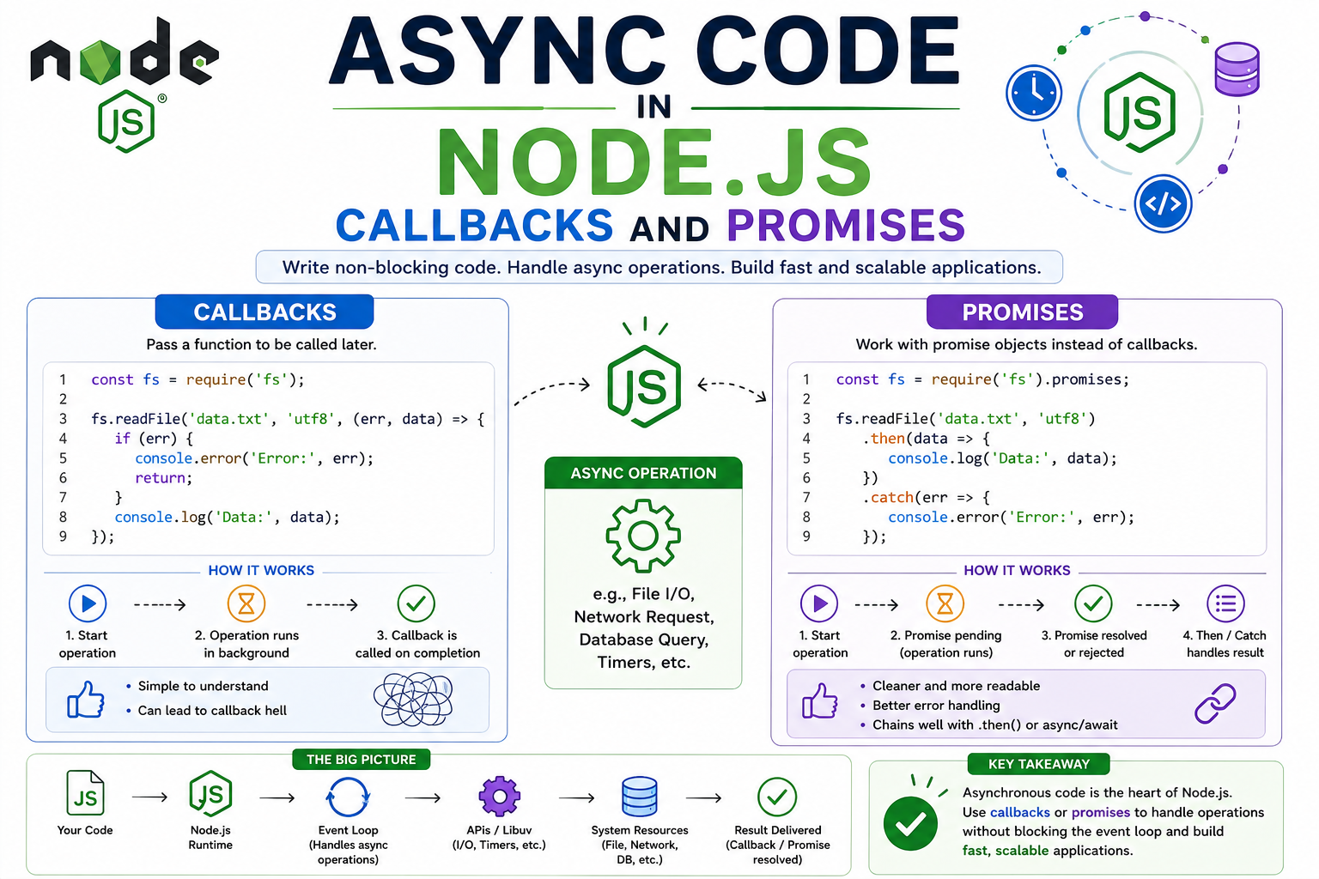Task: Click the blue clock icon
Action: [x=1033, y=93]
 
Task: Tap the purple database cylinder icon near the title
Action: [x=1237, y=69]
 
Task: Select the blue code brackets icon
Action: [x=1163, y=203]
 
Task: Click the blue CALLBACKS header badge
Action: [x=264, y=312]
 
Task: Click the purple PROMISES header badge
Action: [x=1022, y=312]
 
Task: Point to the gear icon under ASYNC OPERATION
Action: [x=643, y=536]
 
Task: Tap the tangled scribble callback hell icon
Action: [x=413, y=700]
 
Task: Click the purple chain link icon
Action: [x=1215, y=703]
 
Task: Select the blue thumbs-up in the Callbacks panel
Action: [x=86, y=700]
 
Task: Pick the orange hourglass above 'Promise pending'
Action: [x=945, y=603]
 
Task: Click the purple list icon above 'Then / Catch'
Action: [x=1225, y=603]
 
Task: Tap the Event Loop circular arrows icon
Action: [x=348, y=797]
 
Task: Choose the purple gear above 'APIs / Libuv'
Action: [x=499, y=797]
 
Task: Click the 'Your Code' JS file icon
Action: [x=85, y=792]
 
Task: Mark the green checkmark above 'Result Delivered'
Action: [x=777, y=797]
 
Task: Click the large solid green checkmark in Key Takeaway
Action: [x=910, y=824]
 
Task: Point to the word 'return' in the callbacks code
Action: [x=161, y=478]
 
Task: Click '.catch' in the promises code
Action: [x=888, y=498]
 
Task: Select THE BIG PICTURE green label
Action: [x=361, y=760]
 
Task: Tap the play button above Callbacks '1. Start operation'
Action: [x=87, y=603]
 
